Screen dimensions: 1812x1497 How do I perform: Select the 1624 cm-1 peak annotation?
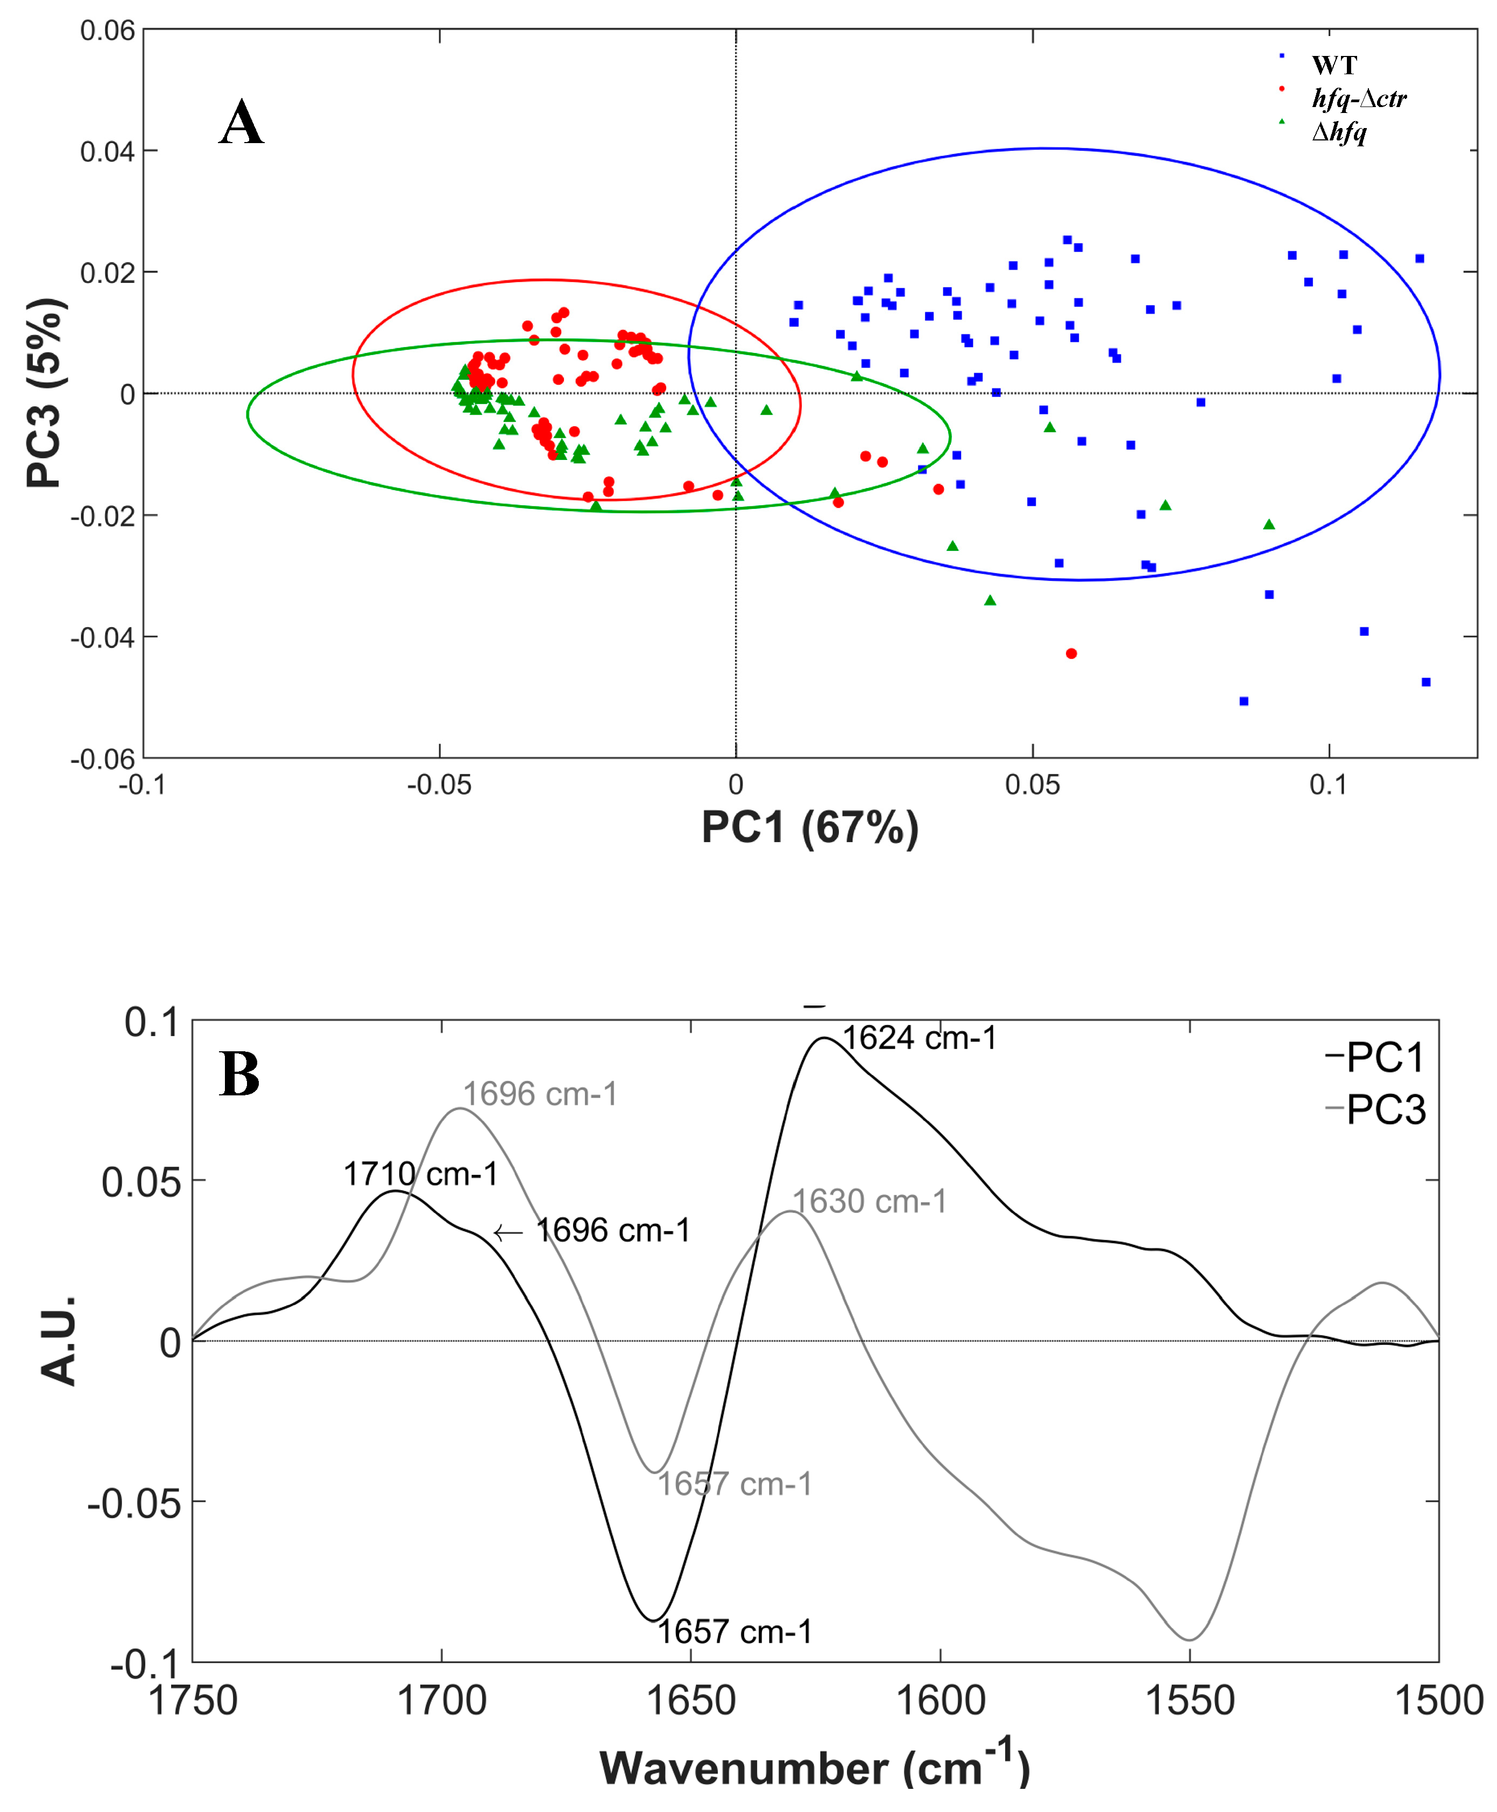[x=919, y=1038]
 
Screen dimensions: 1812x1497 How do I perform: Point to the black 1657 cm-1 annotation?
[x=734, y=1632]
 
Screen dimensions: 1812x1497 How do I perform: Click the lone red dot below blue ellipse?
[x=1071, y=654]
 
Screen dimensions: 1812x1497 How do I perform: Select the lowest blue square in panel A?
[x=1244, y=702]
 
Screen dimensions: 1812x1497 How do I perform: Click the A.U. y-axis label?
[x=59, y=1341]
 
